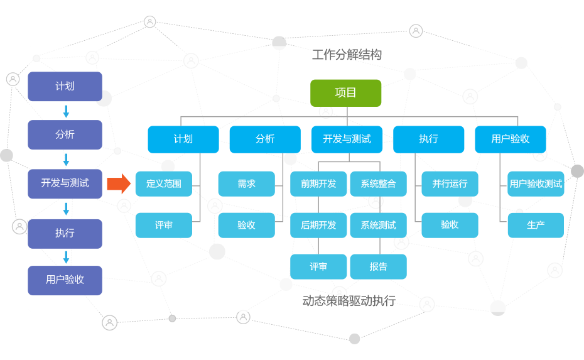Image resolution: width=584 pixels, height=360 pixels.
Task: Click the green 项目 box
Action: tap(345, 93)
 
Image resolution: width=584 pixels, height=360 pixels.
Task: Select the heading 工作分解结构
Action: tap(347, 55)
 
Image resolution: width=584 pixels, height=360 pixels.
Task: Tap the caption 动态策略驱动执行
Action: tap(349, 301)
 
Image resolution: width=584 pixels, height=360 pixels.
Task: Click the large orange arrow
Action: tap(119, 183)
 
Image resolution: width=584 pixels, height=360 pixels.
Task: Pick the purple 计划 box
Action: tap(65, 86)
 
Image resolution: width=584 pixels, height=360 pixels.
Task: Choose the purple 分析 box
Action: tap(65, 134)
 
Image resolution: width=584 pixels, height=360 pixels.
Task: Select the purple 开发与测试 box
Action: tap(65, 183)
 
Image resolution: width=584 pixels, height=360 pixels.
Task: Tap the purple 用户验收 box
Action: tap(65, 280)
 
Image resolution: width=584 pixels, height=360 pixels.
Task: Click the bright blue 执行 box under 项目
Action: tap(428, 139)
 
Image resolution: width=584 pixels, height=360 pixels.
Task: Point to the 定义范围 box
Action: tap(164, 184)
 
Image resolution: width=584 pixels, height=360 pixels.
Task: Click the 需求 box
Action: tap(246, 184)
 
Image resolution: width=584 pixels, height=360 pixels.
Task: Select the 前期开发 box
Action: tap(318, 184)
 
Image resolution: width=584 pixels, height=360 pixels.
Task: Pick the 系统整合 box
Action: tap(378, 184)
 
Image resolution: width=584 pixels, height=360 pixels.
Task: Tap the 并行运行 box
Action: tap(450, 184)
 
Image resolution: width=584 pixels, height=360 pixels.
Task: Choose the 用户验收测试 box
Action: tap(536, 184)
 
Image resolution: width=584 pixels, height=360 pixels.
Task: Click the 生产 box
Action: tap(536, 225)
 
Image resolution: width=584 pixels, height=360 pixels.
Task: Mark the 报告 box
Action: tap(378, 266)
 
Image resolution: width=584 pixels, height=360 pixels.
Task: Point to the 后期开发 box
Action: tap(318, 225)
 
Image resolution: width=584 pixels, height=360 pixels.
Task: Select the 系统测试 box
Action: tap(378, 225)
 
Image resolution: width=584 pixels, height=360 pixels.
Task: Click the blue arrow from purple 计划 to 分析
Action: tap(66, 111)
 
